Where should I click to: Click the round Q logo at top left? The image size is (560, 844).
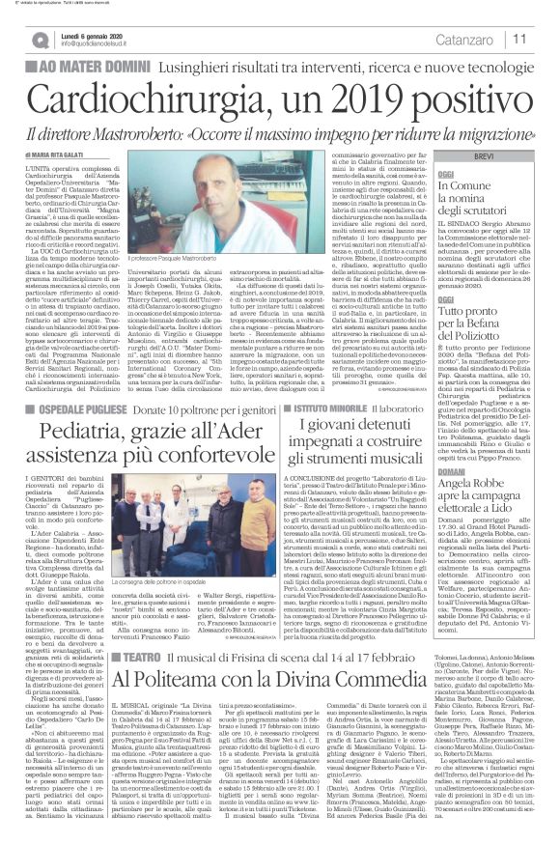coord(40,39)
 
